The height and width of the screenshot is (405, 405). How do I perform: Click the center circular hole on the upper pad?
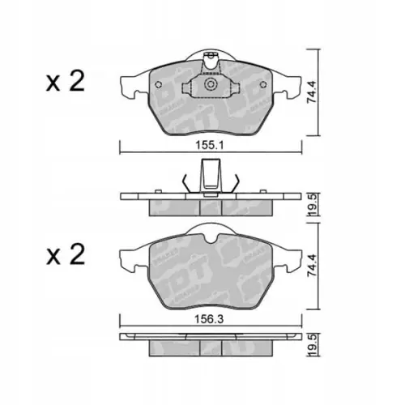click(x=213, y=86)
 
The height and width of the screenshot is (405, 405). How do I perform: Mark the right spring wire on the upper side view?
click(x=237, y=181)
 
